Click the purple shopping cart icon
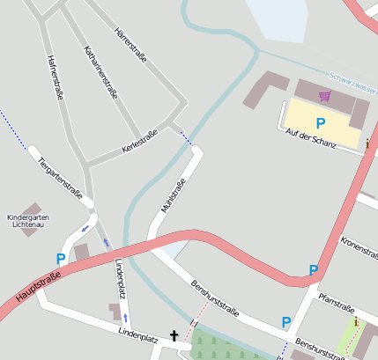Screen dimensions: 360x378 coord(325,96)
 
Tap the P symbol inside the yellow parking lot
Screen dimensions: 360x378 coord(321,124)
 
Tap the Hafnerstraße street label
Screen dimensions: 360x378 coord(55,77)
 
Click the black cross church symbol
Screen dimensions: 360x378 coord(174,335)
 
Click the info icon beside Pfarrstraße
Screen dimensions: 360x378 coord(356,323)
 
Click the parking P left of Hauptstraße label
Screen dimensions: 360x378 coord(61,259)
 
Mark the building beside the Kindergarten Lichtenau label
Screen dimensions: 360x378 coord(81,253)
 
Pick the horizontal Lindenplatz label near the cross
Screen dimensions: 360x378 coord(137,334)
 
